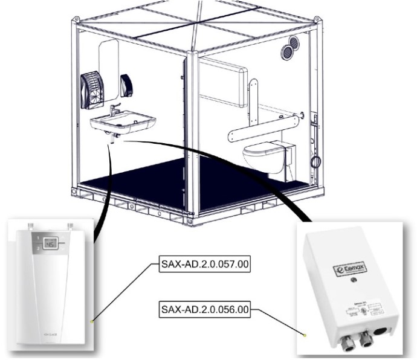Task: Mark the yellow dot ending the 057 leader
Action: coord(91,322)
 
